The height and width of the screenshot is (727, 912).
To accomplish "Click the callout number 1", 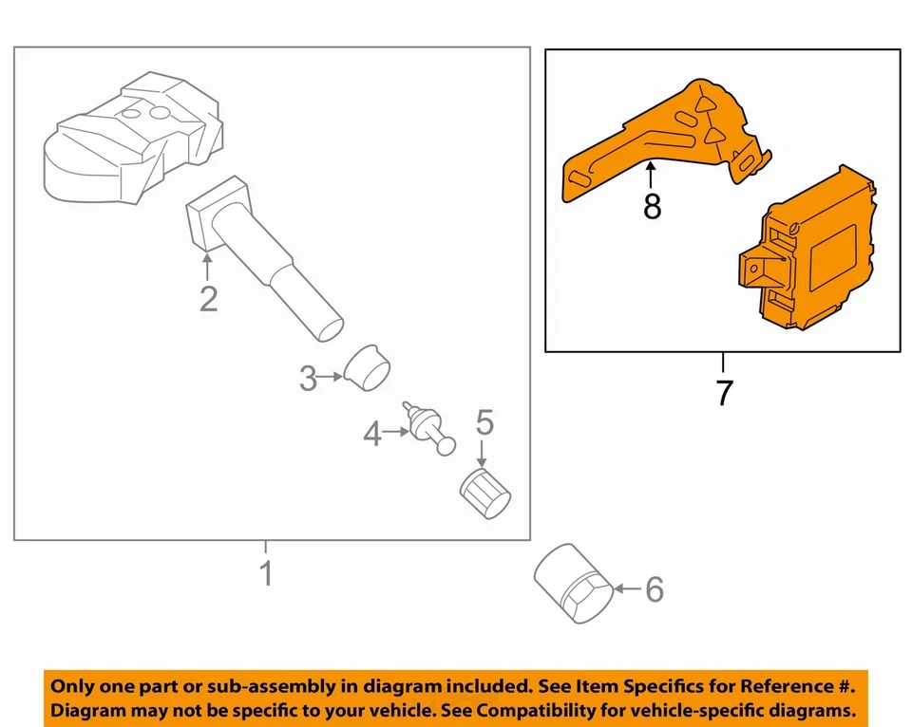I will [x=267, y=573].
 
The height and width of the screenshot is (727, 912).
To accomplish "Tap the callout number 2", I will [x=208, y=299].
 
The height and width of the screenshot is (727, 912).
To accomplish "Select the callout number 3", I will [x=308, y=379].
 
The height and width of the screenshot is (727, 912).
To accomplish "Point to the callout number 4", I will [x=371, y=435].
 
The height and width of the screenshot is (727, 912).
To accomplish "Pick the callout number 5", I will [x=484, y=422].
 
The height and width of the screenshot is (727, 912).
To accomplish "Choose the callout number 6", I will [x=654, y=589].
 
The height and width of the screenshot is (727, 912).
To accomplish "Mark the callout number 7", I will [x=724, y=392].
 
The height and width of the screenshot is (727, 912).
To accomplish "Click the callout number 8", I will [x=652, y=206].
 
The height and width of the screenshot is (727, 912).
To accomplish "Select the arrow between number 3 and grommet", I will [x=330, y=378].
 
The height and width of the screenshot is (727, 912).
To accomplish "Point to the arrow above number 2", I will [x=207, y=265].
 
